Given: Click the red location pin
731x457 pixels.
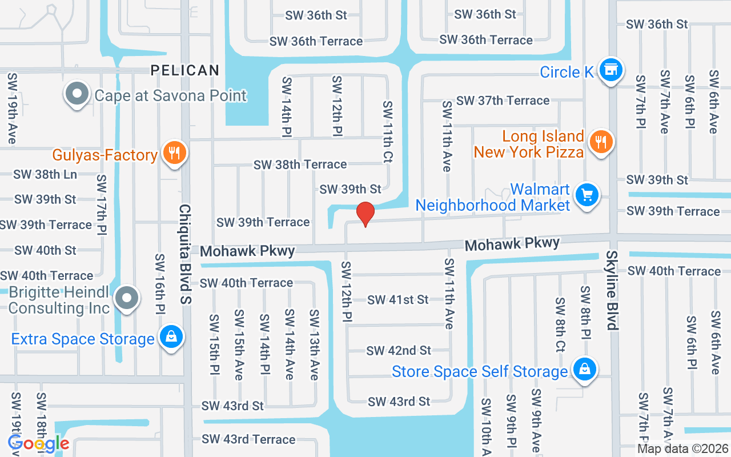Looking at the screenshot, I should [x=365, y=214].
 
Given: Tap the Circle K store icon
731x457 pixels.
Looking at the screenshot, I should [x=611, y=70].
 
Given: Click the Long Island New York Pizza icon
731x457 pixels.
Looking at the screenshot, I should [x=600, y=141].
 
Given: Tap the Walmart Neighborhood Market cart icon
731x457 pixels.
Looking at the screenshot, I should [x=587, y=195].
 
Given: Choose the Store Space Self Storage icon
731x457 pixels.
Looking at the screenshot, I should [x=584, y=368].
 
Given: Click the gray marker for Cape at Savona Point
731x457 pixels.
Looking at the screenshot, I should [x=77, y=94].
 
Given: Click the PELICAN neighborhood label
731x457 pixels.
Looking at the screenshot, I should [x=185, y=70].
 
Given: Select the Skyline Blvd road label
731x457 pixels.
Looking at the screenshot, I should [x=612, y=290].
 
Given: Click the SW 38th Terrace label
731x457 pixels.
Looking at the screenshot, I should [x=300, y=165].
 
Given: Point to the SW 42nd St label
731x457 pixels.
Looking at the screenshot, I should [x=399, y=350].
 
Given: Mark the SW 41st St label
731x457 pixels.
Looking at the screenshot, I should [x=397, y=299].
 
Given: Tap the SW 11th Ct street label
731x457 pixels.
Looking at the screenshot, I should [x=388, y=132].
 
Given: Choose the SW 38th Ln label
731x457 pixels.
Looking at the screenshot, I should [x=45, y=175].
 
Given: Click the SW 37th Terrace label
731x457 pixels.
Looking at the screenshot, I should [x=503, y=101].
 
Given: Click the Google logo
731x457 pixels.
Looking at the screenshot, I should [x=39, y=443].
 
